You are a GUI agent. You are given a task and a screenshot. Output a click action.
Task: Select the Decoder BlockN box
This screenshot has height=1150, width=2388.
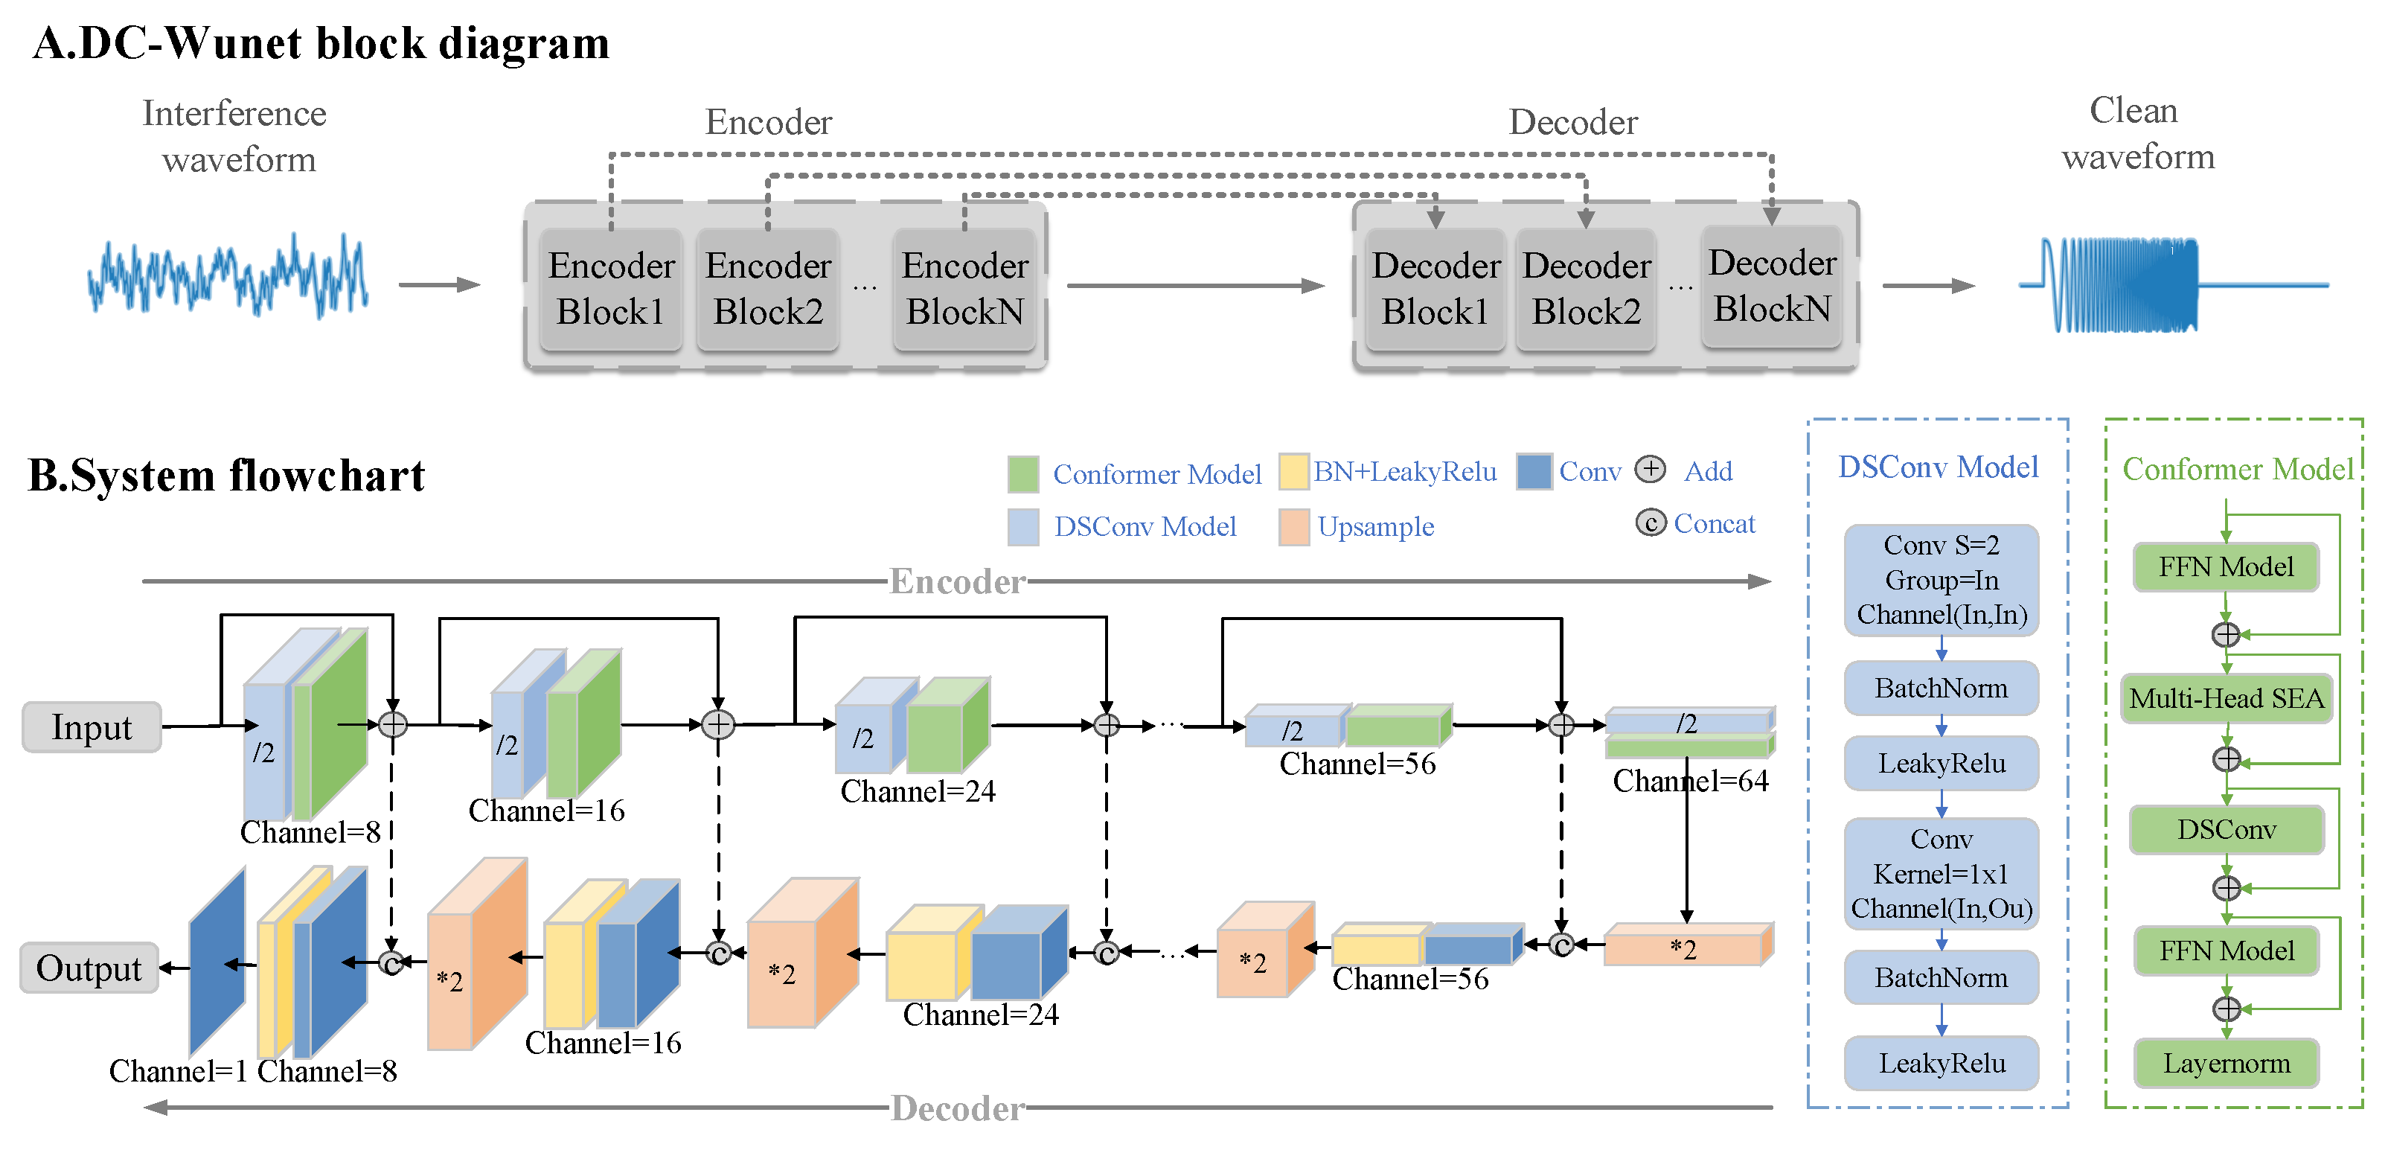tap(1772, 287)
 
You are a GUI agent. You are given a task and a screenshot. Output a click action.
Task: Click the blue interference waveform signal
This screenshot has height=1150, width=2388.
tap(228, 276)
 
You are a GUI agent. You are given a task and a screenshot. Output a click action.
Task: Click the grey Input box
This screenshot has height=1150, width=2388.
tap(92, 727)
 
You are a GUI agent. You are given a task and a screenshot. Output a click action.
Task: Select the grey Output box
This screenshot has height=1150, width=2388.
tap(89, 968)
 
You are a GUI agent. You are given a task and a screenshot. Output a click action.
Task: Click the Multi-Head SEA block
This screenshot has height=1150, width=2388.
tap(2226, 698)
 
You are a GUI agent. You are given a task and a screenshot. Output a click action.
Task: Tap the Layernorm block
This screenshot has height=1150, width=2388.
tap(2226, 1063)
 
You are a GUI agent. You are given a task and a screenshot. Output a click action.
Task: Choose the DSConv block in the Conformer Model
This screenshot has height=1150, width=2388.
tap(2226, 829)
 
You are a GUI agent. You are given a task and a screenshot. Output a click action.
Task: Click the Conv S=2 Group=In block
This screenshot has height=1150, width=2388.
tap(1942, 581)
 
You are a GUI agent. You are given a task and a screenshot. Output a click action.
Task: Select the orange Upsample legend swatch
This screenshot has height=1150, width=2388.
tap(1294, 527)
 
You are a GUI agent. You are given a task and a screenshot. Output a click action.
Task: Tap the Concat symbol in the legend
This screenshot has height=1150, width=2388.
tap(1650, 523)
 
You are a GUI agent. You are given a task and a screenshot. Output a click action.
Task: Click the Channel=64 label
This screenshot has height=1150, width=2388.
tap(1690, 781)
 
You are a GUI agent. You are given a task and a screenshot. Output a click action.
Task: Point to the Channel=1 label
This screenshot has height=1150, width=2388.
tap(178, 1071)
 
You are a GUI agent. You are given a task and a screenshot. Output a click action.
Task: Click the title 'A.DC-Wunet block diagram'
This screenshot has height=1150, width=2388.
tap(321, 42)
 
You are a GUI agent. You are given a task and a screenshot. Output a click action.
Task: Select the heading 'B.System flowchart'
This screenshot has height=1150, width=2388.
tap(226, 475)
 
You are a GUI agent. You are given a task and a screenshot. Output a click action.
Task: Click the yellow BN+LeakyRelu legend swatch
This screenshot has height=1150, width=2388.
tap(1293, 471)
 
